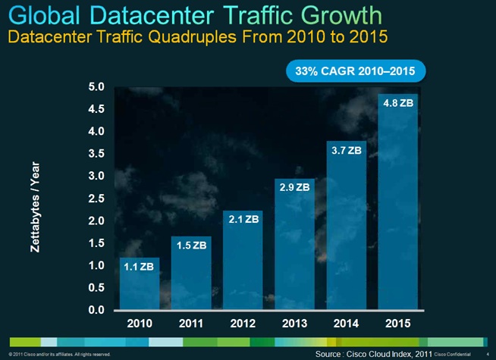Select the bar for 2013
293,250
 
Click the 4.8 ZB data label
396,102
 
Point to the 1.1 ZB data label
140,267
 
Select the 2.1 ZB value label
241,219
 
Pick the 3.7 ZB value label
344,151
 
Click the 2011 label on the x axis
190,324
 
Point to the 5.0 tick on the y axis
96,87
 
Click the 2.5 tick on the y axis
96,199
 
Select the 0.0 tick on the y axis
96,310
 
